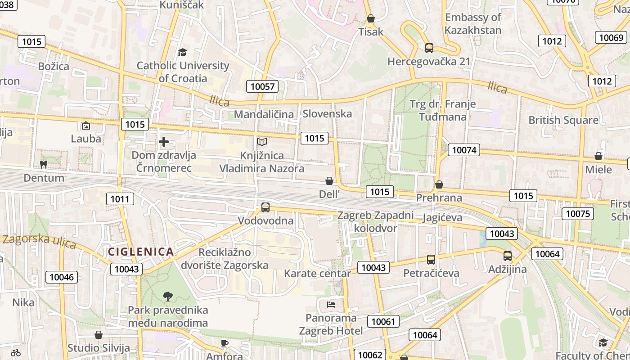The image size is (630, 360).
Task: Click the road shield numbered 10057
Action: pyautogui.click(x=262, y=86)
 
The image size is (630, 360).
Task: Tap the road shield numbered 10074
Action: pyautogui.click(x=464, y=150)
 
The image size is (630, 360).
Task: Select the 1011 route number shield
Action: pyautogui.click(x=120, y=198)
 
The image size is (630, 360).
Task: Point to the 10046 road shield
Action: pyautogui.click(x=61, y=277)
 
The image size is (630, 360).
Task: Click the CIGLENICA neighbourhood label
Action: pyautogui.click(x=141, y=252)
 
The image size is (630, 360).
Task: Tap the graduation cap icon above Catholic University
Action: pyautogui.click(x=182, y=53)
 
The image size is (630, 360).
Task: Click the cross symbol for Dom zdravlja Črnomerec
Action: pyautogui.click(x=164, y=142)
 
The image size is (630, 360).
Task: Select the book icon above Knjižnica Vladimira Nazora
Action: pyautogui.click(x=262, y=142)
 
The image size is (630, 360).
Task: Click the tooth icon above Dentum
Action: pyautogui.click(x=44, y=165)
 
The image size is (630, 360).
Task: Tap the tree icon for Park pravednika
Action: pyautogui.click(x=168, y=296)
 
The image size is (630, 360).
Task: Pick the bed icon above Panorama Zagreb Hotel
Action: pyautogui.click(x=331, y=305)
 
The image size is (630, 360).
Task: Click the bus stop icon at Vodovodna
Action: pyautogui.click(x=265, y=207)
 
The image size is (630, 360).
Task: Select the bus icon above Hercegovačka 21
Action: pyautogui.click(x=429, y=48)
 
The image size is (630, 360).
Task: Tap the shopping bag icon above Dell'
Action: pyautogui.click(x=329, y=181)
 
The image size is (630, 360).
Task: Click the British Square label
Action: pyautogui.click(x=563, y=120)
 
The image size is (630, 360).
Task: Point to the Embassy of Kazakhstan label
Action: pyautogui.click(x=473, y=24)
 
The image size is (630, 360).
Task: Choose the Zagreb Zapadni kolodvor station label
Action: pyautogui.click(x=376, y=221)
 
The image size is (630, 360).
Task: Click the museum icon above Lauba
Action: pyautogui.click(x=86, y=126)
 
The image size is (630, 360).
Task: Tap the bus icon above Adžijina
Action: pyautogui.click(x=508, y=256)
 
